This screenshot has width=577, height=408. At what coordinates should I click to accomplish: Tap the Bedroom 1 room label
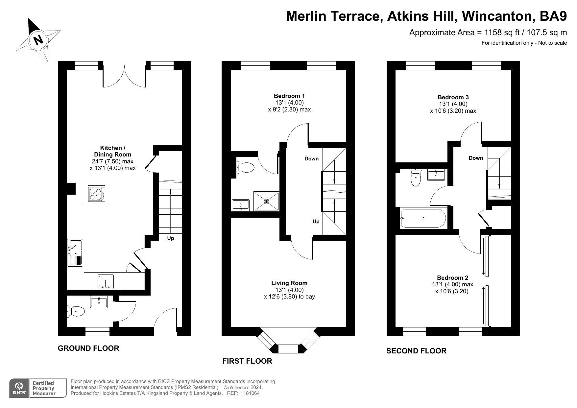(289, 96)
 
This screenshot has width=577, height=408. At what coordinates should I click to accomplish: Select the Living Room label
(289, 283)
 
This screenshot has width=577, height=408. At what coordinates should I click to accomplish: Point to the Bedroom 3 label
(453, 97)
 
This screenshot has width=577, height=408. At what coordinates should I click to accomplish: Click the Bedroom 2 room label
(452, 278)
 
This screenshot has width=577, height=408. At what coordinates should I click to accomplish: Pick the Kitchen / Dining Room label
(112, 151)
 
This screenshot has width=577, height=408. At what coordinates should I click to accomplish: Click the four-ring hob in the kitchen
(97, 194)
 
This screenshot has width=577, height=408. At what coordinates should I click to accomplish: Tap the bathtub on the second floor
(423, 218)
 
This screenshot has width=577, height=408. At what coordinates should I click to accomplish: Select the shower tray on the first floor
(267, 201)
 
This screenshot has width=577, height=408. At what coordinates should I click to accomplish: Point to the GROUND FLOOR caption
(88, 348)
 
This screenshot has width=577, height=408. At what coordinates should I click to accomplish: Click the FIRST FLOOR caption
(247, 361)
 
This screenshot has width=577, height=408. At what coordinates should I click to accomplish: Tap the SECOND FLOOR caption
(416, 351)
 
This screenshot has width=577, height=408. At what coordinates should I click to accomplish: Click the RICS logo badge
(19, 388)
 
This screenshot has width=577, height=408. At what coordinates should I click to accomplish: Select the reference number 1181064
(250, 393)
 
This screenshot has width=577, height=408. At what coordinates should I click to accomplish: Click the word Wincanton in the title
(496, 16)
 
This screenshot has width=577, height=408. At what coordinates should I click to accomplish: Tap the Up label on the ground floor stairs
(170, 238)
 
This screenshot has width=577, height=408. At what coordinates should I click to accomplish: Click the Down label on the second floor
(476, 158)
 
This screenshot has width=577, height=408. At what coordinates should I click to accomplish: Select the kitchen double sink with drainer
(75, 252)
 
